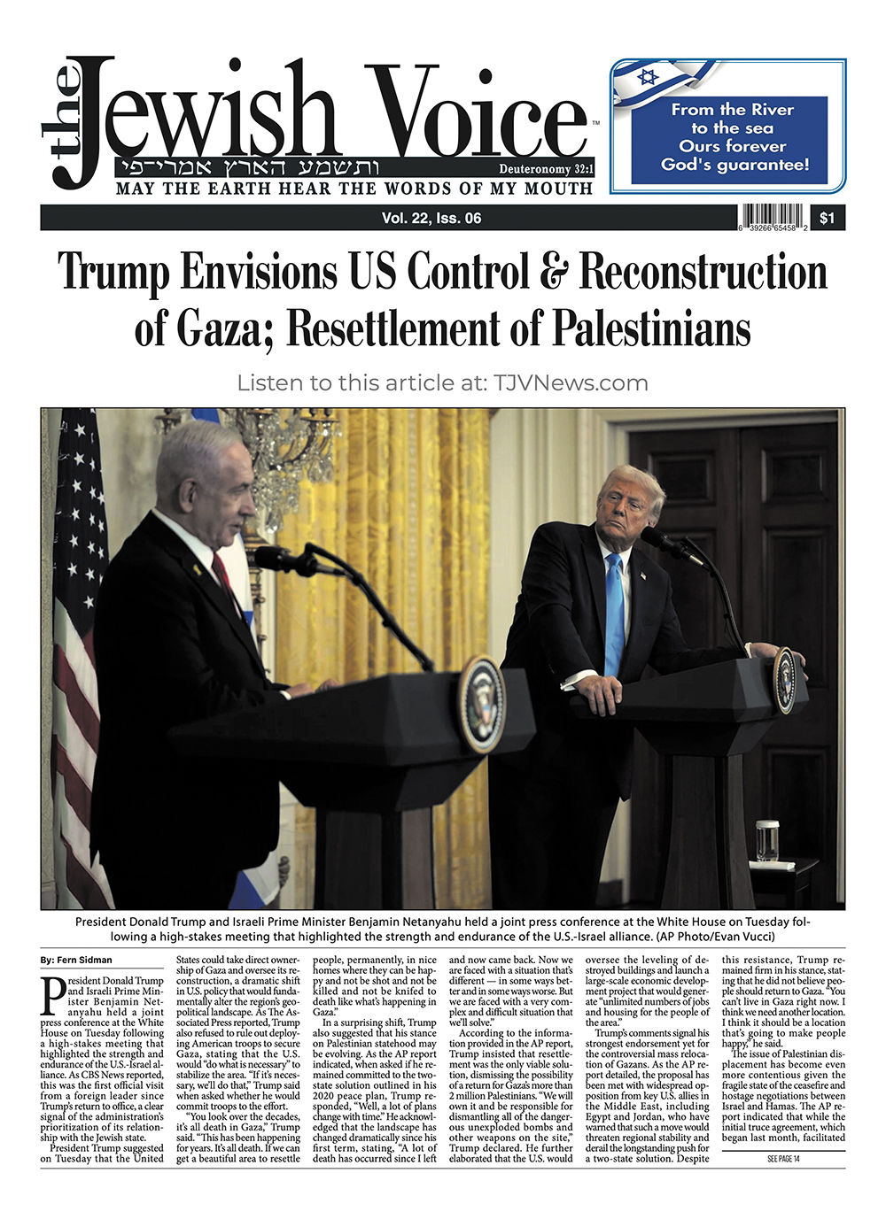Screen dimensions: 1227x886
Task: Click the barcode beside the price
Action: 772,218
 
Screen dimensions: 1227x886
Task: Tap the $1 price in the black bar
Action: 827,219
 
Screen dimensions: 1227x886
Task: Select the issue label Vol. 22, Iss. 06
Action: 431,219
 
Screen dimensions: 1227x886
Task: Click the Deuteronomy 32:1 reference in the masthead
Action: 546,169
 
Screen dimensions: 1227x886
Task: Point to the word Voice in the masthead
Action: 478,115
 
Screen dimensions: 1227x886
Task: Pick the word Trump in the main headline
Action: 113,272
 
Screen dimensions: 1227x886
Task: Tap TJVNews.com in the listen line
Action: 571,383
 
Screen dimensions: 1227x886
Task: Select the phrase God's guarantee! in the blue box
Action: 734,165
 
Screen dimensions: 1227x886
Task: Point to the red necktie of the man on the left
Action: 222,575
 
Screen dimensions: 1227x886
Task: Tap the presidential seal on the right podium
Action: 784,680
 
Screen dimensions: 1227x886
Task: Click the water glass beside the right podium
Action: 767,840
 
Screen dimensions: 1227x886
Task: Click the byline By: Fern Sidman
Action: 76,961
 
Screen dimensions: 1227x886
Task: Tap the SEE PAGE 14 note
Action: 783,1160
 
